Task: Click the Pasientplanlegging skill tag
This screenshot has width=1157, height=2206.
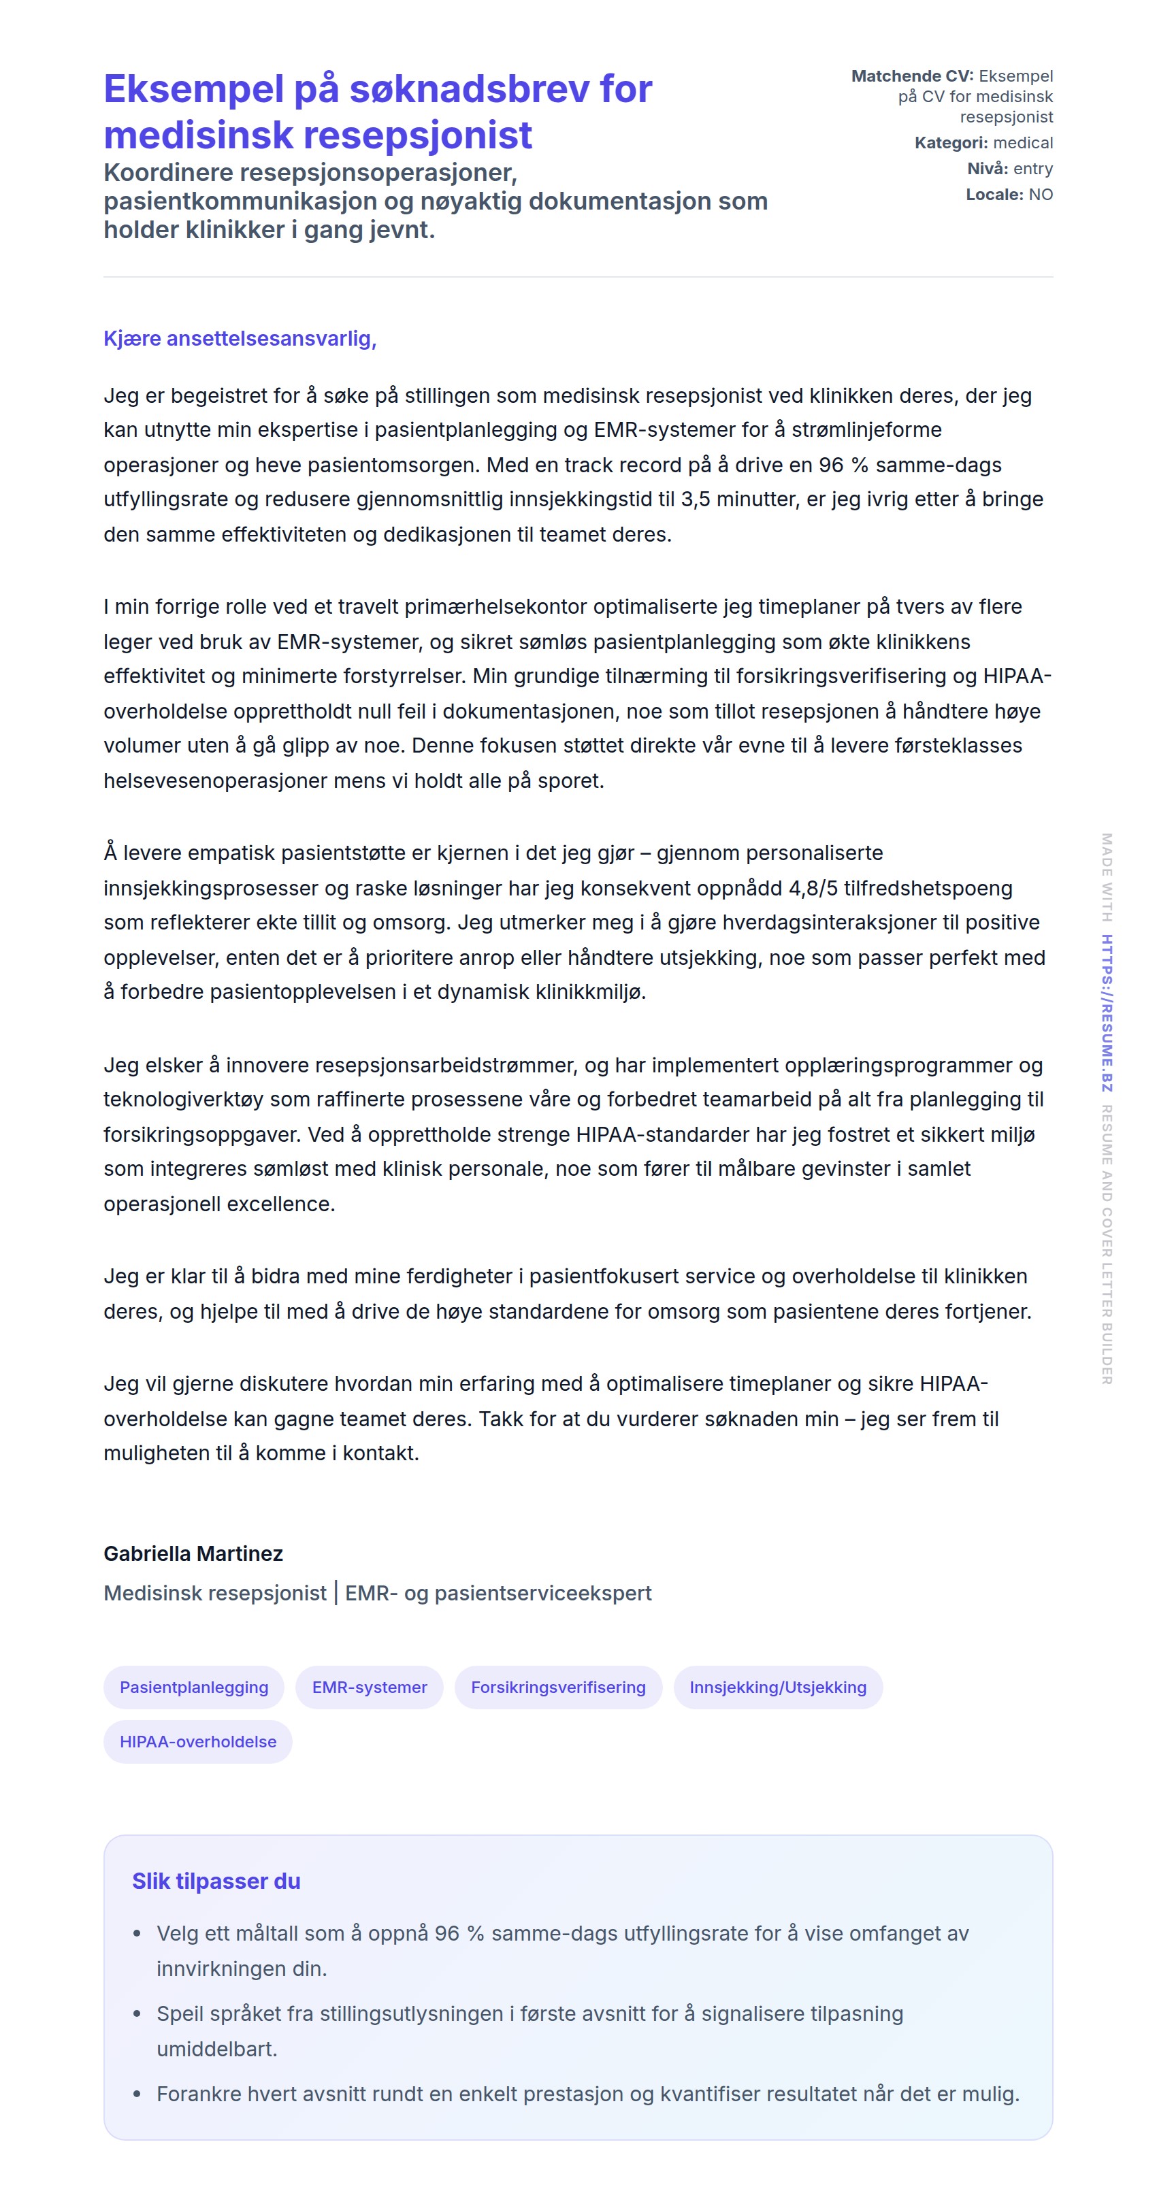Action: pyautogui.click(x=193, y=1686)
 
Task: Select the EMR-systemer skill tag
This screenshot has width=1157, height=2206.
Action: pyautogui.click(x=369, y=1686)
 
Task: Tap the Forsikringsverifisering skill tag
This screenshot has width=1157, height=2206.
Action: pyautogui.click(x=557, y=1686)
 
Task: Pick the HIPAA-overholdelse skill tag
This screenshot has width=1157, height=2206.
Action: pyautogui.click(x=198, y=1741)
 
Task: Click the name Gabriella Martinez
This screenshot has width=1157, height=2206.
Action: pyautogui.click(x=193, y=1553)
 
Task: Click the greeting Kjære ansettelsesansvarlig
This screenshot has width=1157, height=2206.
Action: pyautogui.click(x=240, y=338)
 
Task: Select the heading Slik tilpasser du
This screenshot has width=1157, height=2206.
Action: pyautogui.click(x=216, y=1881)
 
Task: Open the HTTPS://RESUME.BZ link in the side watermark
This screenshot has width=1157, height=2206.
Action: pyautogui.click(x=1107, y=1013)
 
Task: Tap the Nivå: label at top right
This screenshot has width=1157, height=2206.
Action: pyautogui.click(x=987, y=169)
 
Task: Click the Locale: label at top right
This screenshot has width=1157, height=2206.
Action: pyautogui.click(x=994, y=195)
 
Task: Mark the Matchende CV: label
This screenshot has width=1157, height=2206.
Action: pyautogui.click(x=911, y=76)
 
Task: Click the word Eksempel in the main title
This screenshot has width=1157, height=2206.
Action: pyautogui.click(x=193, y=89)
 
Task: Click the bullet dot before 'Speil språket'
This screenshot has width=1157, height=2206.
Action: pyautogui.click(x=137, y=2014)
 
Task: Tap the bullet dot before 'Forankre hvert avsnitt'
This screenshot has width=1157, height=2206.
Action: pyautogui.click(x=137, y=2094)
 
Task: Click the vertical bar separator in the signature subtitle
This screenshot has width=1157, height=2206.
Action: pyautogui.click(x=336, y=1593)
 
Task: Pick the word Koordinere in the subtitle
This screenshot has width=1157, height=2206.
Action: pyautogui.click(x=168, y=172)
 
